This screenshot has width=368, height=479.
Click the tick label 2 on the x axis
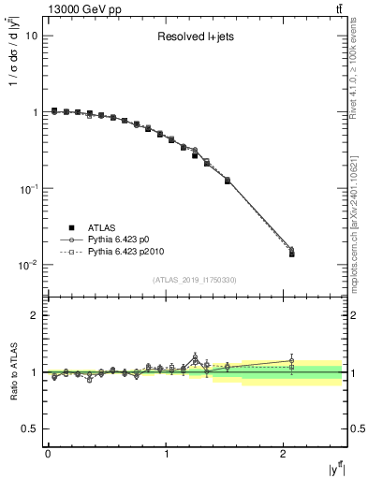(284, 456)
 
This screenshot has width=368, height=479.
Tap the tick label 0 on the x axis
(48, 456)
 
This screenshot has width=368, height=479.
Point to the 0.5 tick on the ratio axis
(29, 428)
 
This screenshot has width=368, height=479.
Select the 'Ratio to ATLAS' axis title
(12, 372)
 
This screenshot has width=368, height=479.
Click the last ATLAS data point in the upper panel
(291, 254)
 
